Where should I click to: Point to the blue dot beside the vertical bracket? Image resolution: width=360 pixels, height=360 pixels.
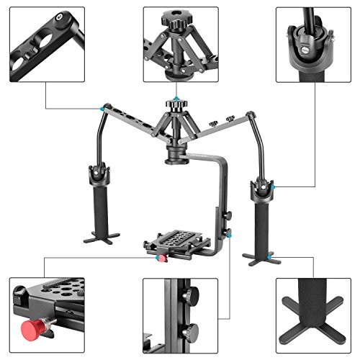click(x=230, y=235)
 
